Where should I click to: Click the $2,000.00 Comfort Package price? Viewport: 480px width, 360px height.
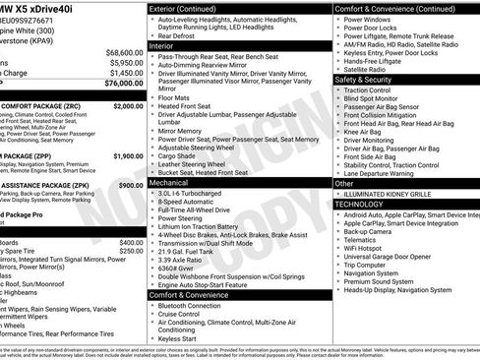(x=127, y=105)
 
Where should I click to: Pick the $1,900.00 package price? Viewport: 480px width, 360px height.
(x=127, y=155)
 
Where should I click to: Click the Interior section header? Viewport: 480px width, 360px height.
(x=163, y=45)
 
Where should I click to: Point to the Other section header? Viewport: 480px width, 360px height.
(x=344, y=183)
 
